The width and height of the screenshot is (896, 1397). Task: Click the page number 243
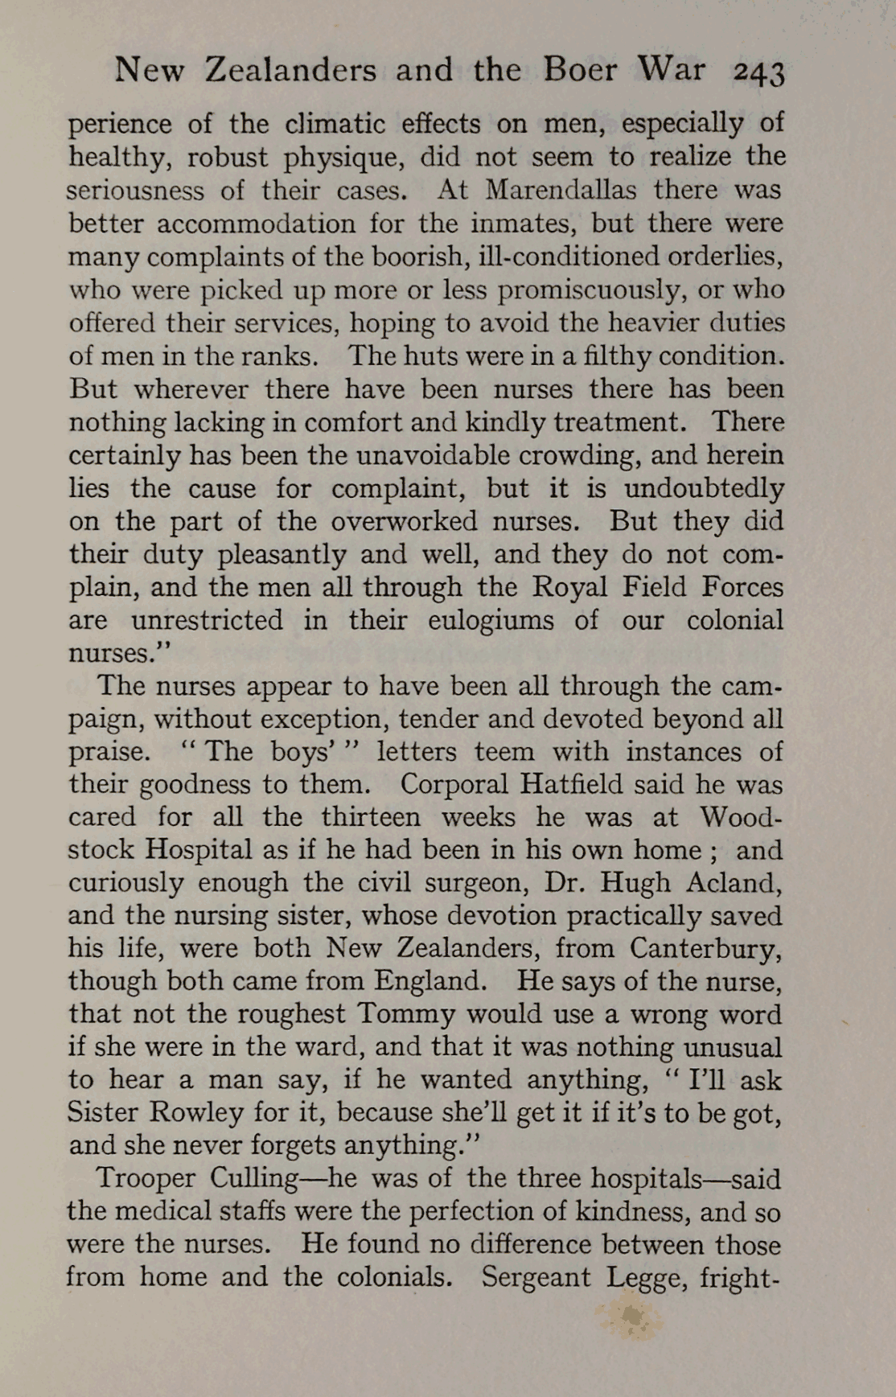tap(758, 72)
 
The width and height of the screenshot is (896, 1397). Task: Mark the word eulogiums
tap(491, 621)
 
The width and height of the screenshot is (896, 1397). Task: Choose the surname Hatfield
tap(573, 784)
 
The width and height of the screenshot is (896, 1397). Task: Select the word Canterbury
tap(705, 949)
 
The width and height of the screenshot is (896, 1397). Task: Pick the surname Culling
tap(254, 1179)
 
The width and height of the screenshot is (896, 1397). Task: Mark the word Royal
tap(570, 587)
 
